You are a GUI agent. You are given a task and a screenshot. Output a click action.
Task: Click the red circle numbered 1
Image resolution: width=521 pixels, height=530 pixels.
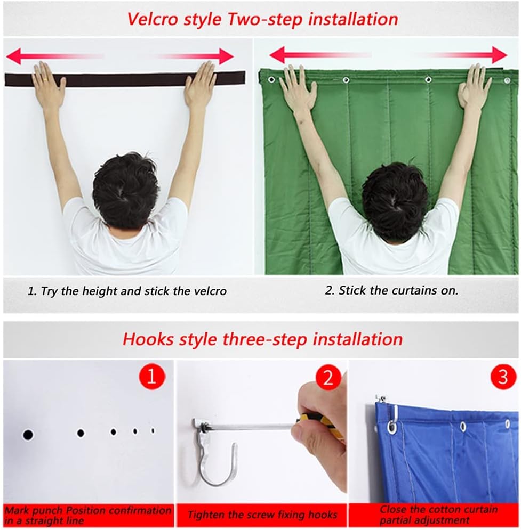click(151, 377)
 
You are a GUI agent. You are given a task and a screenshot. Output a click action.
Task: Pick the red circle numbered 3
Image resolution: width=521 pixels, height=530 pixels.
click(502, 377)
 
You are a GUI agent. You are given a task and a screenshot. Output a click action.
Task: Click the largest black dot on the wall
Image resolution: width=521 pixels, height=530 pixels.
click(28, 435)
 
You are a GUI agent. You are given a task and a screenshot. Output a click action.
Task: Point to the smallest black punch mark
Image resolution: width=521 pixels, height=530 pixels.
click(153, 430)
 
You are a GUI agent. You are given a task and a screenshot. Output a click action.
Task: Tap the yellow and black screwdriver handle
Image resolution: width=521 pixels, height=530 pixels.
click(317, 420)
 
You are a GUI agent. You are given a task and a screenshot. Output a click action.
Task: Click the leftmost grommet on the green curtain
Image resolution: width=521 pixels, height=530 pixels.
click(271, 80)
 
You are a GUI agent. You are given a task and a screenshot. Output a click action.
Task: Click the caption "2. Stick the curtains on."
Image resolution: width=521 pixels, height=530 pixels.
click(391, 291)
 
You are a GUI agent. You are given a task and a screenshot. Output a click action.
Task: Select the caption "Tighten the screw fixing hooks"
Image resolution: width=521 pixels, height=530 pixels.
click(262, 515)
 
